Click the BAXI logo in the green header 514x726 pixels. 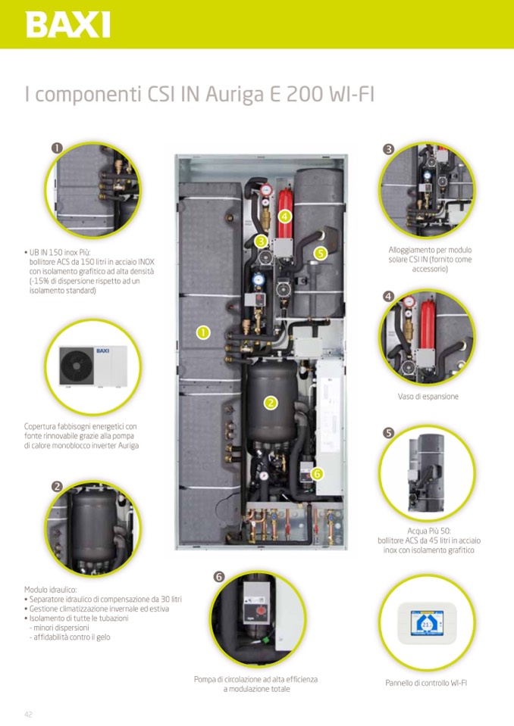pyautogui.click(x=67, y=24)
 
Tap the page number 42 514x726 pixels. pyautogui.click(x=28, y=713)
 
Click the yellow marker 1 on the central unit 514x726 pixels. pyautogui.click(x=202, y=332)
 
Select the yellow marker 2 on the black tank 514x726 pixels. pyautogui.click(x=271, y=403)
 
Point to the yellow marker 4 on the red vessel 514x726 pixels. pyautogui.click(x=284, y=216)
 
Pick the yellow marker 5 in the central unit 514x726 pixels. pyautogui.click(x=320, y=253)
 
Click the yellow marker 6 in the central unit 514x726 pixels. pyautogui.click(x=316, y=473)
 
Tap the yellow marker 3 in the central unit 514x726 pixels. pyautogui.click(x=261, y=241)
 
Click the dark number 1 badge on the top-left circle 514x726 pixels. pyautogui.click(x=57, y=147)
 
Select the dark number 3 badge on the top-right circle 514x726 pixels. pyautogui.click(x=388, y=149)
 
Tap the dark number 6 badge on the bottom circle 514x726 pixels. pyautogui.click(x=218, y=577)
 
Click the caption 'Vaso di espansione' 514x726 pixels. pyautogui.click(x=428, y=396)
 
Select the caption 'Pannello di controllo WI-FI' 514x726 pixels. pyautogui.click(x=426, y=683)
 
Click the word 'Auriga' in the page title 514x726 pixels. pyautogui.click(x=230, y=96)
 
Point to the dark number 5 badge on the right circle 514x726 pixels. pyautogui.click(x=388, y=433)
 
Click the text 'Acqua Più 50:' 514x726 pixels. pyautogui.click(x=428, y=531)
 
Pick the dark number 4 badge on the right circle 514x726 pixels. pyautogui.click(x=388, y=296)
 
